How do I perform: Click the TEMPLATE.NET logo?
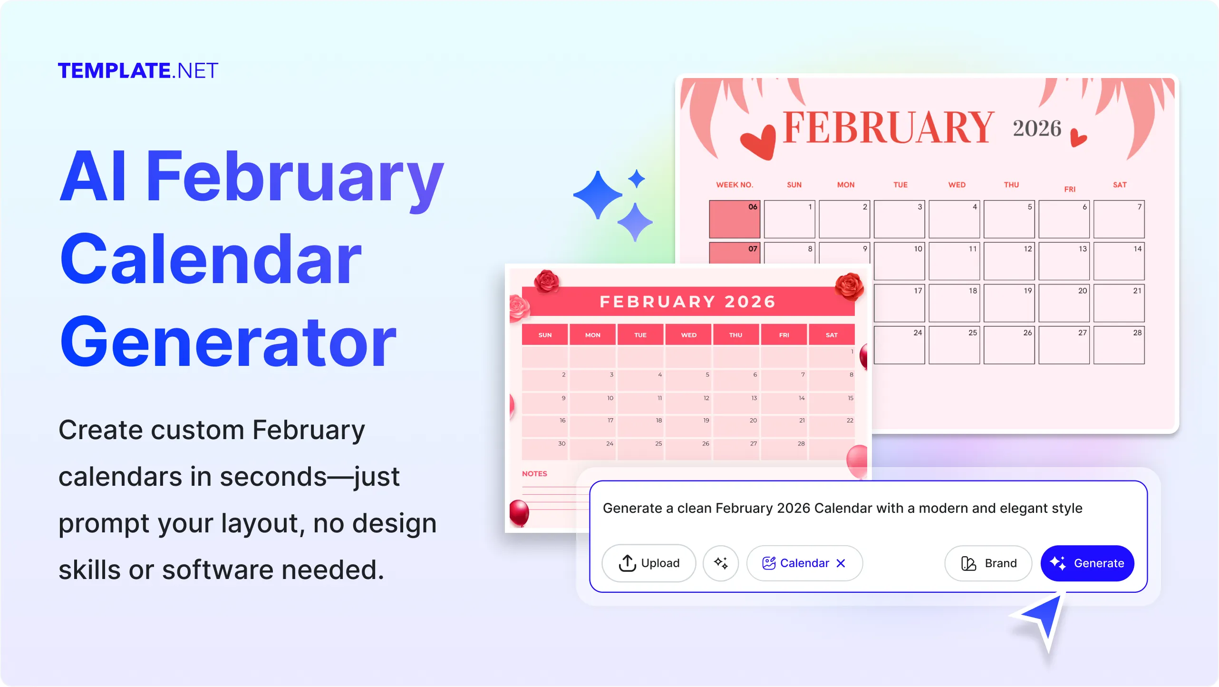[138, 71]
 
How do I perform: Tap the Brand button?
[988, 563]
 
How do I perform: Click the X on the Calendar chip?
[841, 563]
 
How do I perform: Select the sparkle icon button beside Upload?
[721, 563]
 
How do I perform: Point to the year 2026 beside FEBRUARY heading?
[1036, 128]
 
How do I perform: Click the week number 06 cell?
[735, 219]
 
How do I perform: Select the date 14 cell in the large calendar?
[1119, 261]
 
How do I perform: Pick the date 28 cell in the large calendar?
[1119, 345]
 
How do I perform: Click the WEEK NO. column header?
[735, 185]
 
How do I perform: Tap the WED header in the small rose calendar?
[688, 335]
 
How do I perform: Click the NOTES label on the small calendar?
[534, 474]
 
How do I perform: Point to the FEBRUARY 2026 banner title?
[687, 302]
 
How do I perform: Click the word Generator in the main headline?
[228, 343]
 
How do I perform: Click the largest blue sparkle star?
[598, 195]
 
